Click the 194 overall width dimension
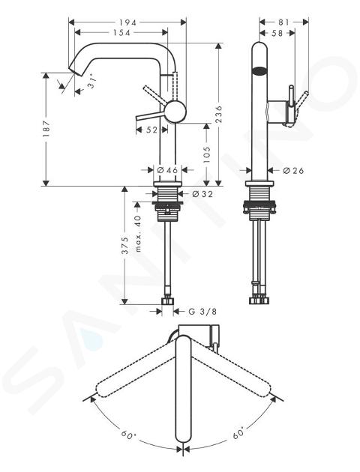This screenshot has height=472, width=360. point(127,22)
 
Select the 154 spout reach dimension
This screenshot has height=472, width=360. point(121,32)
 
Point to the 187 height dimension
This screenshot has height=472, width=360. point(46,129)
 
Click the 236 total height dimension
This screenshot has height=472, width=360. point(219,114)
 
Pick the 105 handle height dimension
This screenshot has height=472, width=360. point(207,155)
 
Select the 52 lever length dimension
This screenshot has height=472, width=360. point(152,130)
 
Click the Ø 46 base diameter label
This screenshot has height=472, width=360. point(167,170)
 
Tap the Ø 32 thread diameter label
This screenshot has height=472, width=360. point(202,194)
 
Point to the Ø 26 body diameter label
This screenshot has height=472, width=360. point(293,171)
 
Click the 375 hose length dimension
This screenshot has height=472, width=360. point(124,246)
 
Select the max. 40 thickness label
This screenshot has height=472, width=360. point(138,234)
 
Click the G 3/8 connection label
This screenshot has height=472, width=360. point(202,312)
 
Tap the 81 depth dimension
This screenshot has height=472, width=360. point(283,22)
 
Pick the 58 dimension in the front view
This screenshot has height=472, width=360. point(277,33)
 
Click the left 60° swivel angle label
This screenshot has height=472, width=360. point(129,435)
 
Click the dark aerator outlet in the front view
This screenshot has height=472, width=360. point(259,71)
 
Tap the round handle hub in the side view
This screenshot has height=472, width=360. point(175,111)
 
